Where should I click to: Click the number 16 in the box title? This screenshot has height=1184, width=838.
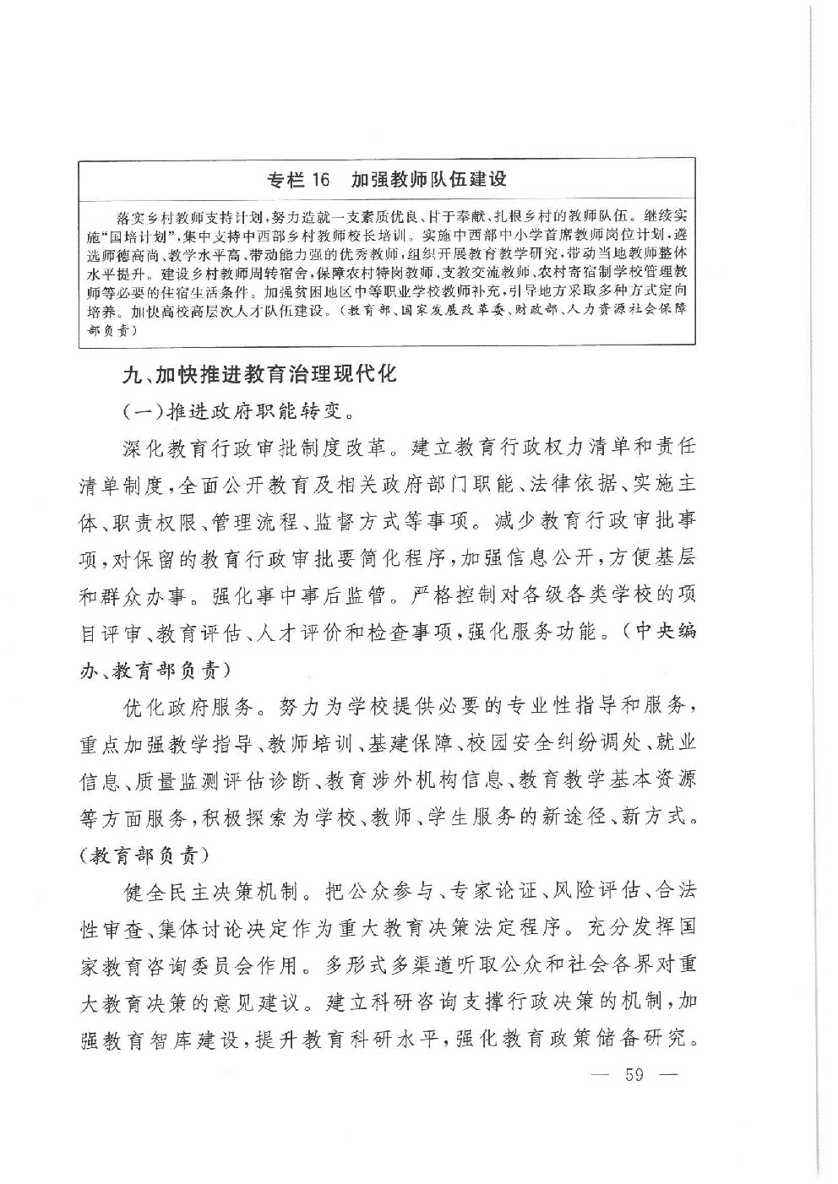pyautogui.click(x=314, y=179)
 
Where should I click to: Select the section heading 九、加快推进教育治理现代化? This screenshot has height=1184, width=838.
pyautogui.click(x=258, y=374)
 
